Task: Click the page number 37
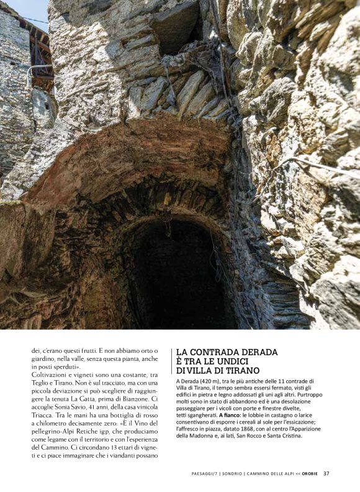point(326,473)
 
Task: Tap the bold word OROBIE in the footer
point(310,473)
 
